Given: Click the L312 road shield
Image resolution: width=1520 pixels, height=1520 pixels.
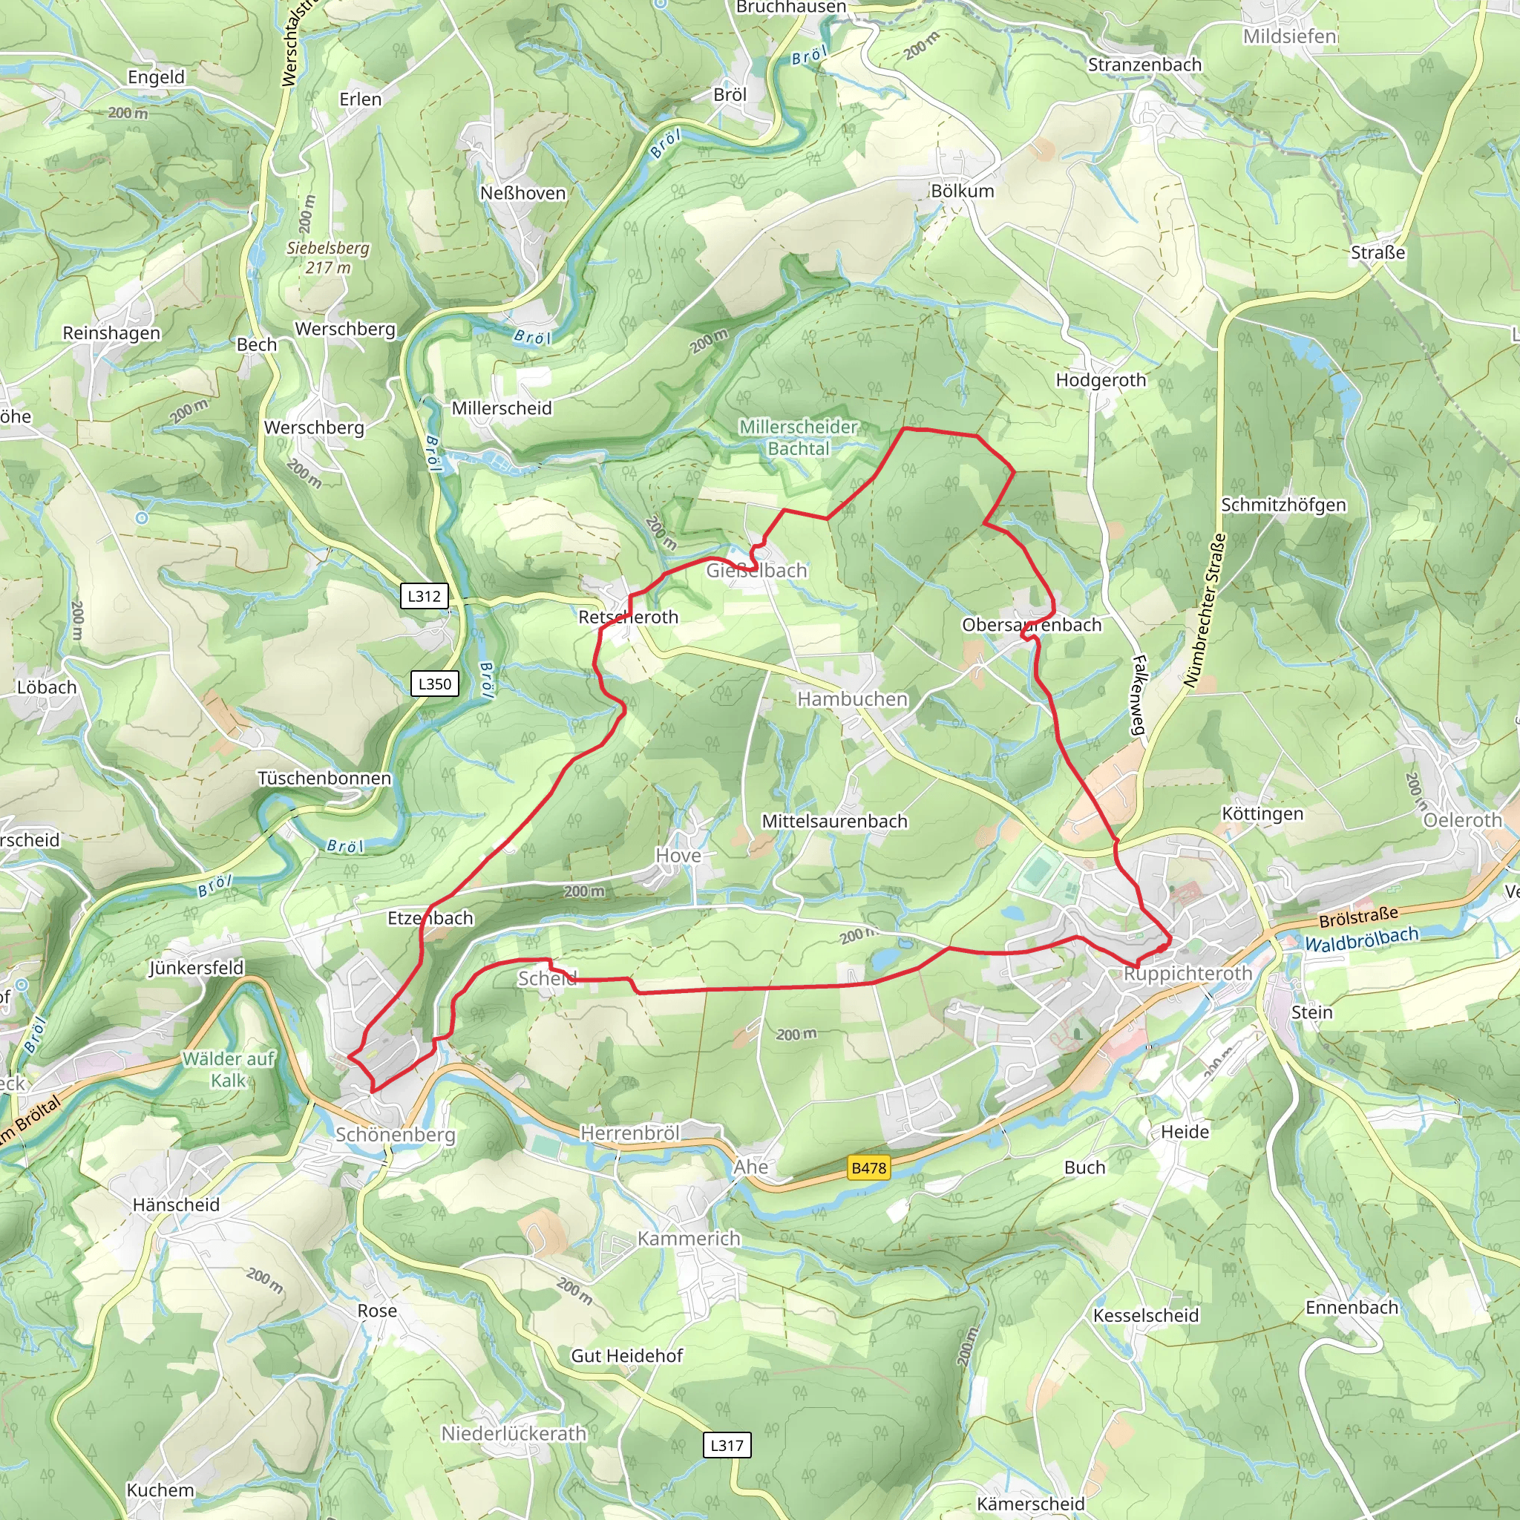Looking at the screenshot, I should [x=424, y=595].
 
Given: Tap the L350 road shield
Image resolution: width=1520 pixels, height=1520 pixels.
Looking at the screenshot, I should [x=434, y=684].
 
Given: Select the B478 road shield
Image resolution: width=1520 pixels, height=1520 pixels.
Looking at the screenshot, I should [x=868, y=1167].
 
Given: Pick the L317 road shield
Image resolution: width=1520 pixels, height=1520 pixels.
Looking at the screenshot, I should [x=726, y=1444].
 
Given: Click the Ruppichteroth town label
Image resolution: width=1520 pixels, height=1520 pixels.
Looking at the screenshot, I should [x=1187, y=973].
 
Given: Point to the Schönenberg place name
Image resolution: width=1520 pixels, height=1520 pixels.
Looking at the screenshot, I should [x=395, y=1135].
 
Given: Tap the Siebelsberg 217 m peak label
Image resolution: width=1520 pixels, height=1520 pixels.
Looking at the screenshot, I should [x=327, y=258].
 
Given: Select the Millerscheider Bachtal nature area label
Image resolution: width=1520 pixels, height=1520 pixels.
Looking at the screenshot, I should [x=798, y=437].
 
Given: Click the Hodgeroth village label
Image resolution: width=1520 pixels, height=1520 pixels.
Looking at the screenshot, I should [x=1101, y=380].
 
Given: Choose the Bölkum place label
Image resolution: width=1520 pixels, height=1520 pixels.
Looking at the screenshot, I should [x=962, y=191].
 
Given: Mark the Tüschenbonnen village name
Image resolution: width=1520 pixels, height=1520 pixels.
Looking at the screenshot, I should [x=324, y=778].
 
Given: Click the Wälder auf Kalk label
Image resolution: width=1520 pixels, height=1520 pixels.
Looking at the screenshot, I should [x=228, y=1069].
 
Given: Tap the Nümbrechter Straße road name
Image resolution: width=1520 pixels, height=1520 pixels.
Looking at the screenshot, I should [x=1205, y=611].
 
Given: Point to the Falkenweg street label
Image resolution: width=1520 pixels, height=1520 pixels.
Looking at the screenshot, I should [x=1139, y=695].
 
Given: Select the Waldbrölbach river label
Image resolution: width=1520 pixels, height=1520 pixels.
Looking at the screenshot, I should [x=1361, y=939].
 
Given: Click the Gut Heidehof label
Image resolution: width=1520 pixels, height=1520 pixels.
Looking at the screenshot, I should [x=626, y=1355].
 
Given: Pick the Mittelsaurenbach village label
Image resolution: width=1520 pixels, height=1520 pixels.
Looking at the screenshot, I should [x=834, y=822].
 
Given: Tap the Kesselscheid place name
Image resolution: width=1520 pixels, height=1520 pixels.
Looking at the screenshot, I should [x=1145, y=1315].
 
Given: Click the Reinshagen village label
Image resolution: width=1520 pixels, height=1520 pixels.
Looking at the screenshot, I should [x=112, y=332].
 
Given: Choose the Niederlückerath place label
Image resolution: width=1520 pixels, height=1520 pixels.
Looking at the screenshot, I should [x=513, y=1433].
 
